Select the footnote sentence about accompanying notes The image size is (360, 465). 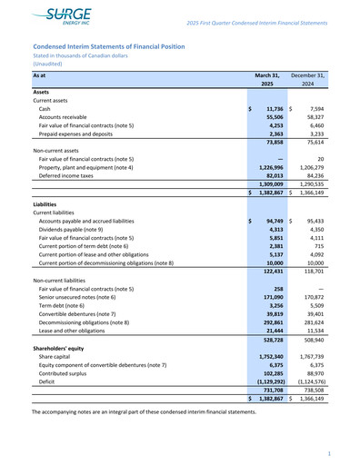[144, 411]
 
